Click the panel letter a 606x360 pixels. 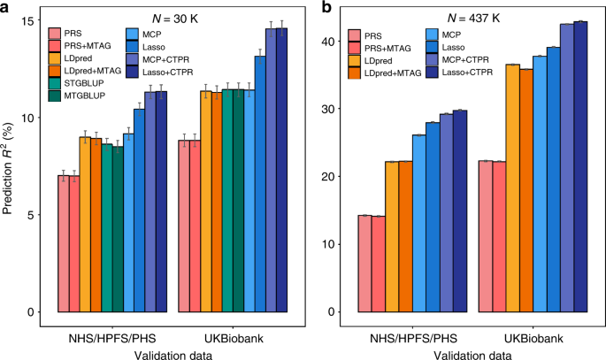click(6, 8)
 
